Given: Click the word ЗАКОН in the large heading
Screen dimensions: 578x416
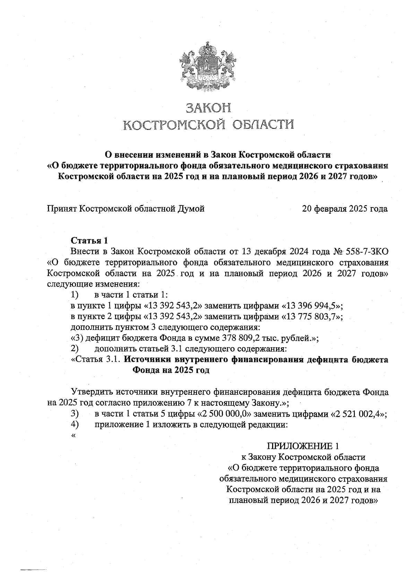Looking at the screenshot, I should (208, 108).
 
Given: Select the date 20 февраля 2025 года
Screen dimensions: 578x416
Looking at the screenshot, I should (345, 209).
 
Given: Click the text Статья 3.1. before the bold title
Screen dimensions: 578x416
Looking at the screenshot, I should (96, 359).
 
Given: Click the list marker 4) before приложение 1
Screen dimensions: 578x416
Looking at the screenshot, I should (75, 424).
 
